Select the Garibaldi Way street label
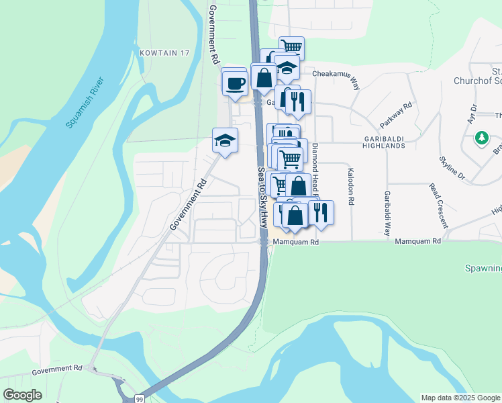tap(387, 213)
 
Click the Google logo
tap(23, 395)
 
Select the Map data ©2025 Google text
tap(460, 398)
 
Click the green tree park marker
tap(481, 138)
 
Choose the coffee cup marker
tap(234, 83)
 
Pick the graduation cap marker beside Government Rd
tap(225, 140)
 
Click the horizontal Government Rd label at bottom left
tap(56, 369)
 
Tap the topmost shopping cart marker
tap(291, 48)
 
